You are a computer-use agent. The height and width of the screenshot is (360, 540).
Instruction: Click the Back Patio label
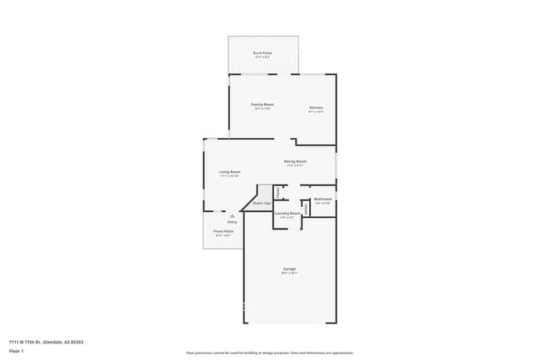click(x=263, y=53)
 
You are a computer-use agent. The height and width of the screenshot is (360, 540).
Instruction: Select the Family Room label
click(x=263, y=105)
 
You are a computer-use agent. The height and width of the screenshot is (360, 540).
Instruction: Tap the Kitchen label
click(x=316, y=107)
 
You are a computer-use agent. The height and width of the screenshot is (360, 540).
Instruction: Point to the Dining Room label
click(x=295, y=160)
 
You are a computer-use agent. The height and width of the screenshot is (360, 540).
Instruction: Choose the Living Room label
click(x=229, y=171)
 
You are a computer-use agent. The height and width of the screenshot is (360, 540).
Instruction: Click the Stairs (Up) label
click(x=262, y=203)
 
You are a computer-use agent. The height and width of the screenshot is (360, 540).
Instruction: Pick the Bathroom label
click(x=322, y=200)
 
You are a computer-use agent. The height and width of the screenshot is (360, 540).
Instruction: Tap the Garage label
click(x=289, y=269)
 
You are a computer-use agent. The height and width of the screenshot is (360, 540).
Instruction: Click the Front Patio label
click(x=223, y=231)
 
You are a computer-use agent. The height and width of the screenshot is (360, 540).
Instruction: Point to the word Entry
click(x=232, y=222)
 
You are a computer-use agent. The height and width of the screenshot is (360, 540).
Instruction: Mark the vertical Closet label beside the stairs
click(x=277, y=192)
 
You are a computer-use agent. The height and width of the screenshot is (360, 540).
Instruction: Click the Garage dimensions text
click(x=289, y=274)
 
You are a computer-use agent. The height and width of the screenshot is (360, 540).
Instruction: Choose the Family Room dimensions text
click(x=263, y=109)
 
